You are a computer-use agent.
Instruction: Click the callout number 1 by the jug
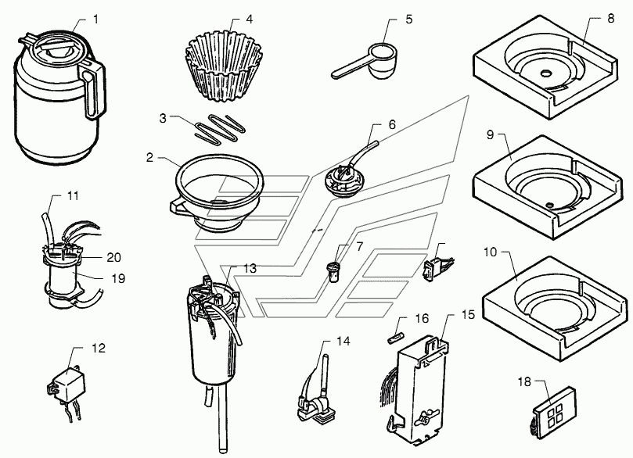(96, 18)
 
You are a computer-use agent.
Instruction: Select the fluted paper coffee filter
(223, 55)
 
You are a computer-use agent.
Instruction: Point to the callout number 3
(162, 119)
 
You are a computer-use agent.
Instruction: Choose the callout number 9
(491, 135)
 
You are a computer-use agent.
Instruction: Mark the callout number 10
(491, 254)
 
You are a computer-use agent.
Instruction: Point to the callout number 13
(250, 269)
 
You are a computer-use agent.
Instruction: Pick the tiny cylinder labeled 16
(396, 333)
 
